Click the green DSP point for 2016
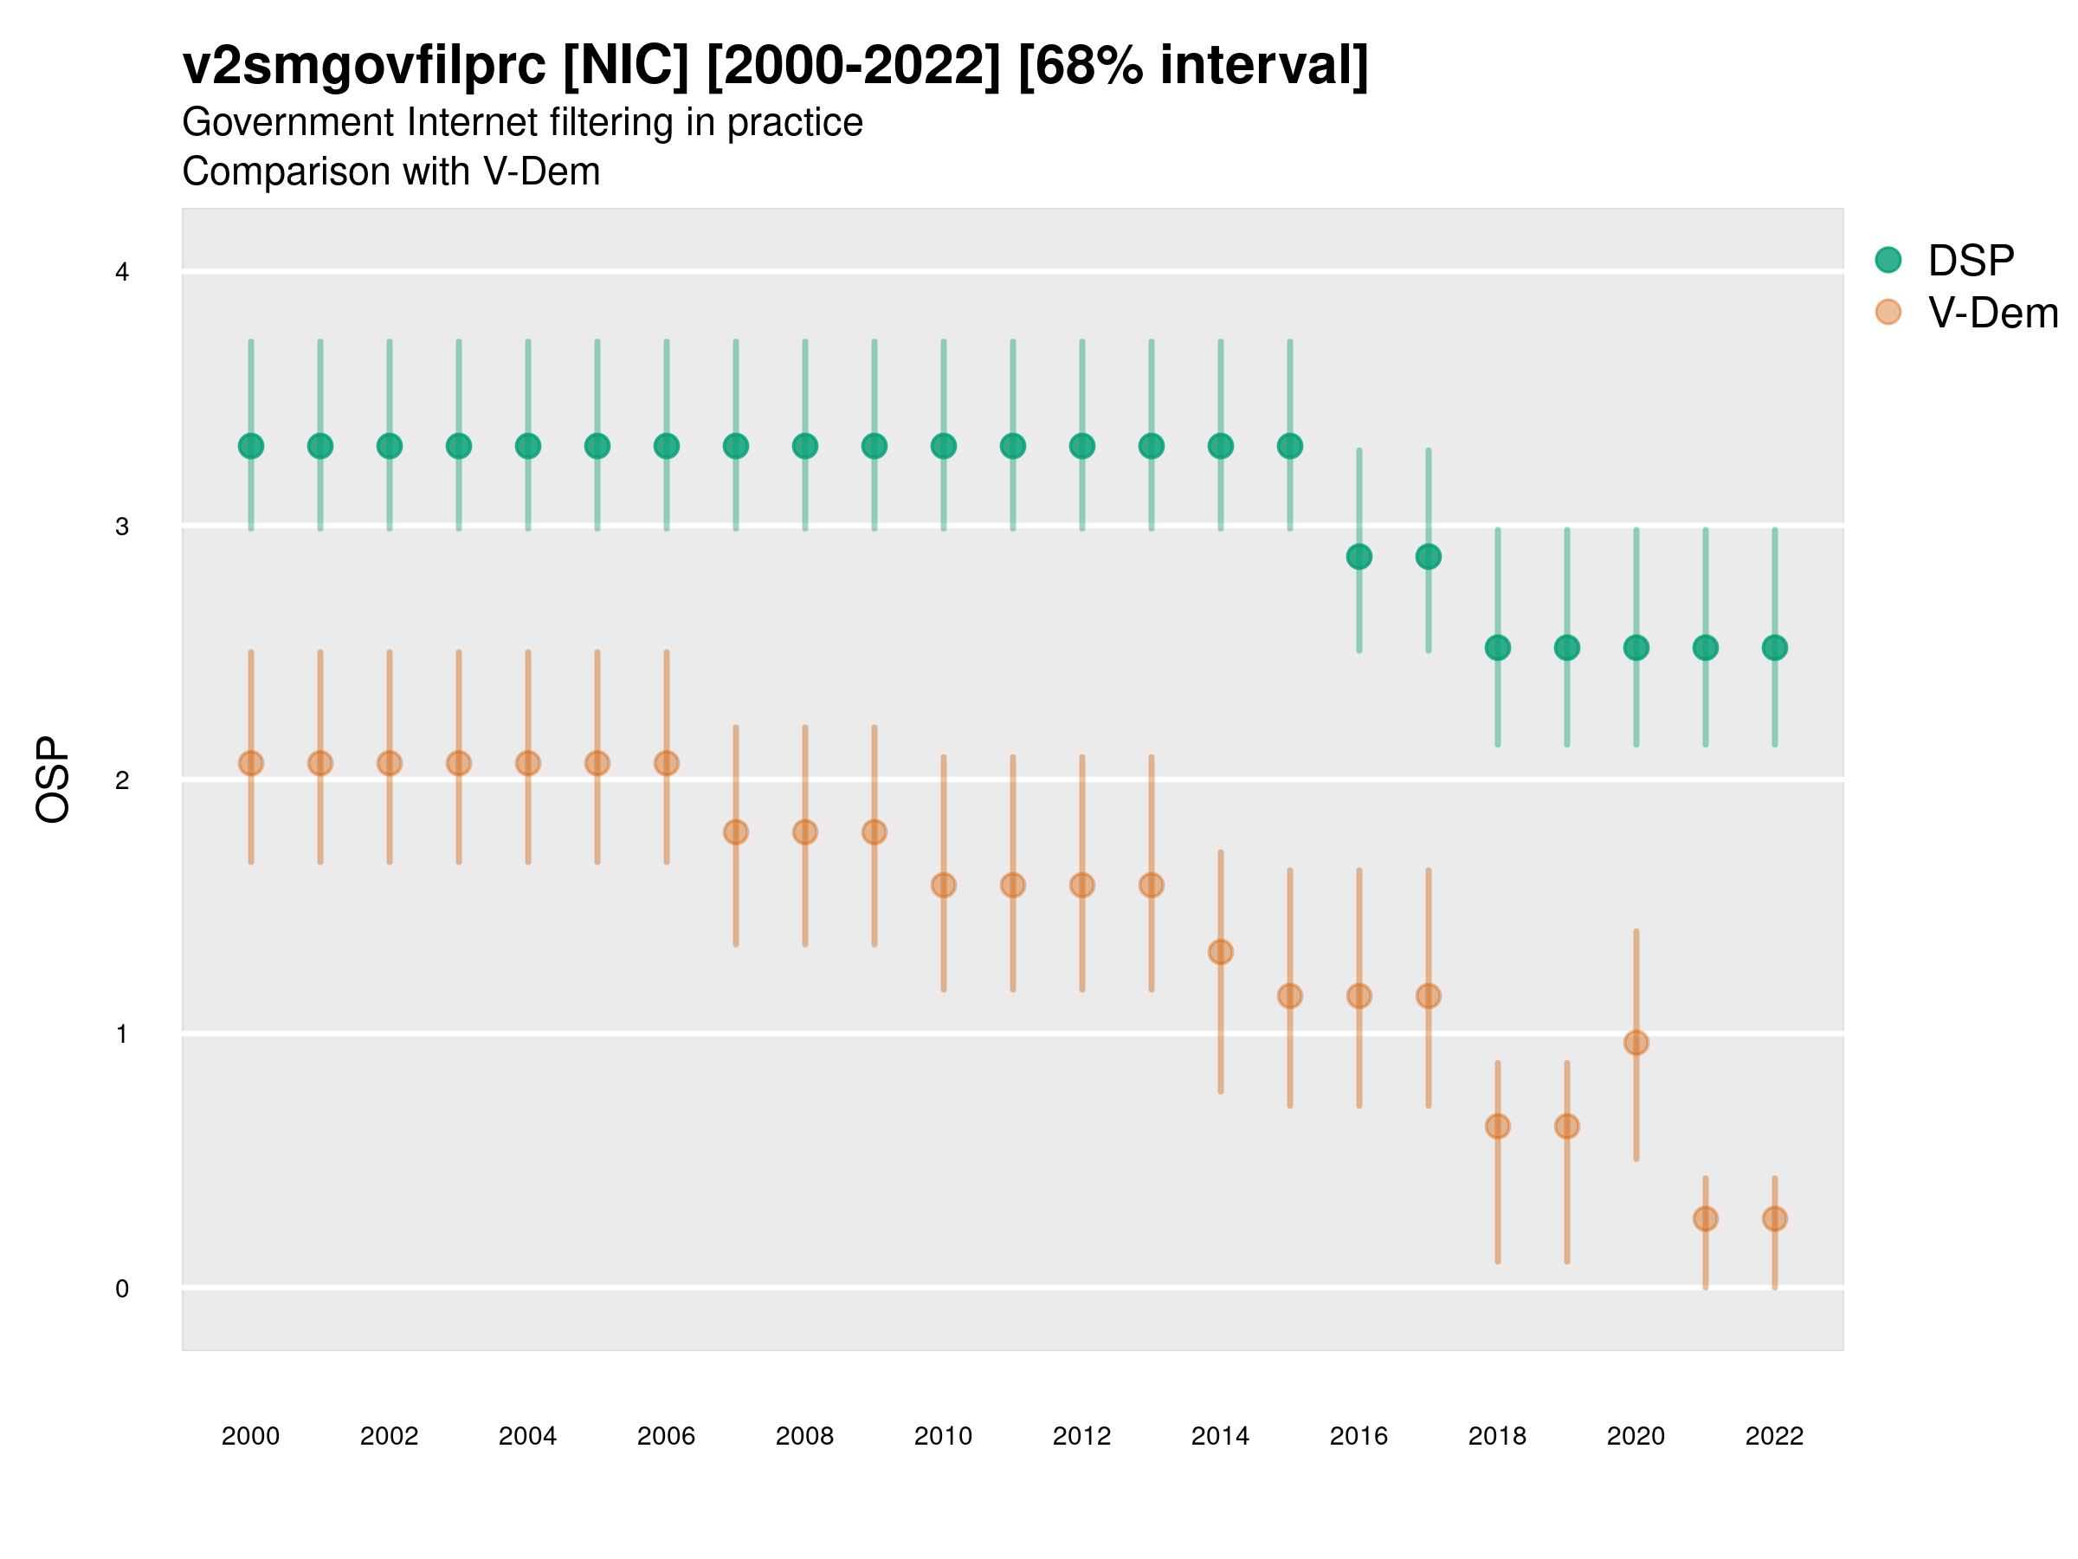1358,556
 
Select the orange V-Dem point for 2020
1636,1042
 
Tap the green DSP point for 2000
251,445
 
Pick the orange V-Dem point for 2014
1220,952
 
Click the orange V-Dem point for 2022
1775,1218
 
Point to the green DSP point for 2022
1775,648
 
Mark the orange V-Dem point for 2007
736,831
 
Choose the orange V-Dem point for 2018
1497,1126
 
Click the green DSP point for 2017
1428,556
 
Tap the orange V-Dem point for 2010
943,885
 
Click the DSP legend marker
1888,259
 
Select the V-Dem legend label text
1992,313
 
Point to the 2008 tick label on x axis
804,1436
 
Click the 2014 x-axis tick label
1220,1436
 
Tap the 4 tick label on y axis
121,273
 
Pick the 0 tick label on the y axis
121,1289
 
